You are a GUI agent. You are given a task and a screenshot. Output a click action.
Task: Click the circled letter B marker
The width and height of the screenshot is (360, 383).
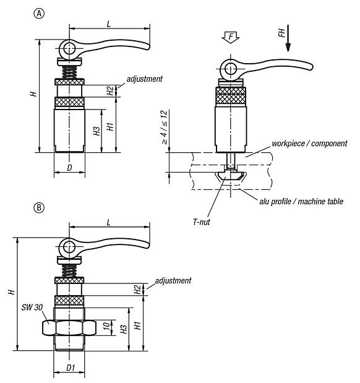coord(40,209)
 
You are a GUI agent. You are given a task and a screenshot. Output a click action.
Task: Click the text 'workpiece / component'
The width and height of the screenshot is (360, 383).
coord(309,144)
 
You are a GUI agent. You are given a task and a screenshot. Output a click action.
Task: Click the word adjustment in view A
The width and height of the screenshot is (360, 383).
coord(144,79)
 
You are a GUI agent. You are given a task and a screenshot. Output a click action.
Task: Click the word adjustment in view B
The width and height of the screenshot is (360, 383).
coord(173,280)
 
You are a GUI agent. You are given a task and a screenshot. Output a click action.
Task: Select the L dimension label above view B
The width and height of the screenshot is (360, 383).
coord(109,222)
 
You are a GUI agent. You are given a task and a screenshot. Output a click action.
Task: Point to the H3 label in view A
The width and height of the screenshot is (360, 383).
coord(96,131)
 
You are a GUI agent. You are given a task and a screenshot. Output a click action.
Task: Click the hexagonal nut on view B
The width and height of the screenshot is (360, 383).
coord(68,327)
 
